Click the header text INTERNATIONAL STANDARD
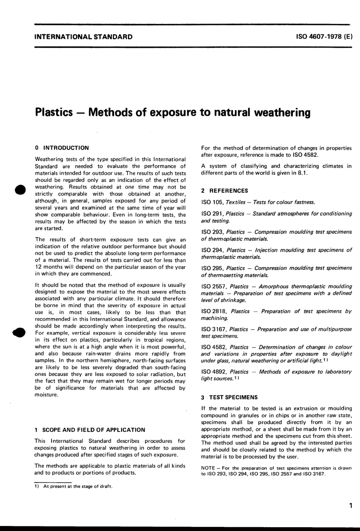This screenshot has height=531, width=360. [x=83, y=37]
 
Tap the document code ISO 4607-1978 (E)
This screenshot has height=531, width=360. [x=324, y=37]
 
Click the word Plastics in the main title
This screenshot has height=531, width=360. [x=53, y=113]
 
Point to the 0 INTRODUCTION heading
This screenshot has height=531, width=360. [x=62, y=148]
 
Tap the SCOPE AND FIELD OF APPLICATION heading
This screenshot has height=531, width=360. [x=90, y=430]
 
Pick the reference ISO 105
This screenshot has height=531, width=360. [x=212, y=202]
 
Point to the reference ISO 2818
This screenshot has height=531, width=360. [x=214, y=311]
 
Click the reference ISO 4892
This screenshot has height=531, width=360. [x=214, y=372]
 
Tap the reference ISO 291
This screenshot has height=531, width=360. [x=212, y=214]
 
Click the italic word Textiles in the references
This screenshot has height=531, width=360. [x=238, y=202]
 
